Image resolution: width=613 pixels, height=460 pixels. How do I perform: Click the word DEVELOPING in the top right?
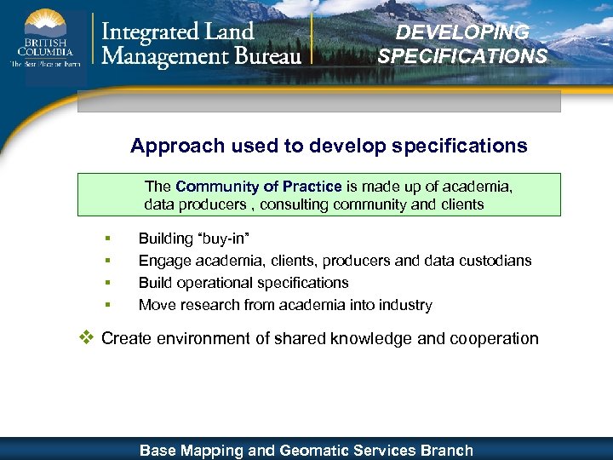462,32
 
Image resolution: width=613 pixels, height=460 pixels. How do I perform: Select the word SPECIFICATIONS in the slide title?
462,56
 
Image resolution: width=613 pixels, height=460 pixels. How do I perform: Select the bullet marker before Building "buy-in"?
107,239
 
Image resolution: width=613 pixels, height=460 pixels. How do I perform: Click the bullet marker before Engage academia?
107,261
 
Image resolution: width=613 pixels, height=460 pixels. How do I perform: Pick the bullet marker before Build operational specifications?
107,283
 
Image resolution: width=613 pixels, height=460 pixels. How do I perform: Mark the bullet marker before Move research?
107,305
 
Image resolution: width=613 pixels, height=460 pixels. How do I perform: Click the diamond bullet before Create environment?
85,337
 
